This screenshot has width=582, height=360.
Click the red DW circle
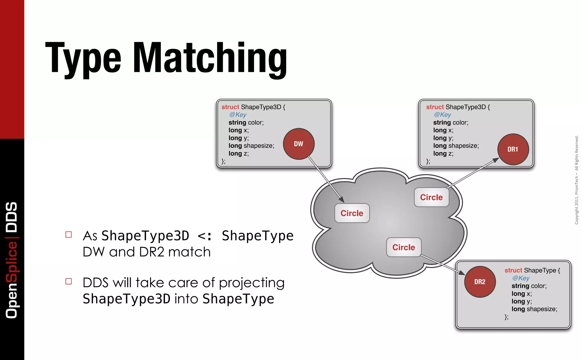pos(299,144)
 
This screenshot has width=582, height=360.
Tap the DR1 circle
pos(513,149)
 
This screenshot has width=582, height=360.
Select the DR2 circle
pos(480,282)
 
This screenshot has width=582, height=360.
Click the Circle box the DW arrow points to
pos(352,213)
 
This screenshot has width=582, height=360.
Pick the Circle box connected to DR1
pos(431,197)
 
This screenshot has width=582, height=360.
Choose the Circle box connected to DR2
pos(404,247)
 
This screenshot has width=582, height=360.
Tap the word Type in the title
pos(83,58)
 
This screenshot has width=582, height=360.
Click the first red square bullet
pos(68,235)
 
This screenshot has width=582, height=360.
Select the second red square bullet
pos(68,281)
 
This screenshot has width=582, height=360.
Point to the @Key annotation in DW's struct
pos(238,115)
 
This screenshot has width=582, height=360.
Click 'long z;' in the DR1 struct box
pos(443,154)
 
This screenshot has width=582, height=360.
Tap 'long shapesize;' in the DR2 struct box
pos(534,309)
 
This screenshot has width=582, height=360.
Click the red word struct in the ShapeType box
pos(513,270)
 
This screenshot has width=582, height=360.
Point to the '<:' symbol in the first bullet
pos(205,236)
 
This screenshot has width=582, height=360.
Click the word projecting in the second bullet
pos(251,283)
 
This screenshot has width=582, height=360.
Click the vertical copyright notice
pos(577,180)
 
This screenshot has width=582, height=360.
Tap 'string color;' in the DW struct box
pos(246,123)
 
